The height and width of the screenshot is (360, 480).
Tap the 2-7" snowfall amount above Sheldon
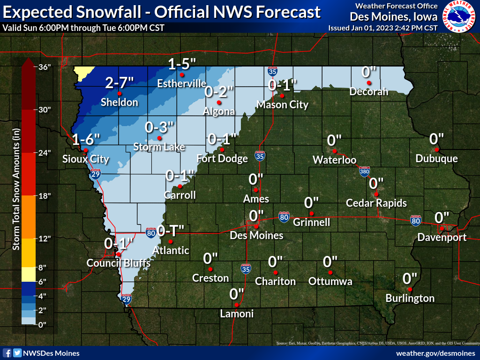pyautogui.click(x=120, y=82)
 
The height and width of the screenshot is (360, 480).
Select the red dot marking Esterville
pyautogui.click(x=182, y=75)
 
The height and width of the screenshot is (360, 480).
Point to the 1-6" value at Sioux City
pyautogui.click(x=86, y=139)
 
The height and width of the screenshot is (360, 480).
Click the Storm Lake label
pyautogui.click(x=159, y=147)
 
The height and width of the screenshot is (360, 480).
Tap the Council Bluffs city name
pyautogui.click(x=119, y=263)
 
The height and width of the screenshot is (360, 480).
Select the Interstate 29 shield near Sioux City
pyautogui.click(x=96, y=174)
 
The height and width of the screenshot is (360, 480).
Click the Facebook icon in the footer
pyautogui.click(x=7, y=353)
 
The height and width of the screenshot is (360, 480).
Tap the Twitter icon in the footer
pyautogui.click(x=17, y=353)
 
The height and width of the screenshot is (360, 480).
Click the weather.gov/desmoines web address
pyautogui.click(x=435, y=353)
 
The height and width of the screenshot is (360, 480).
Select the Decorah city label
pyautogui.click(x=369, y=92)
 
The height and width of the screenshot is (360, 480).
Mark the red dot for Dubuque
pyautogui.click(x=436, y=150)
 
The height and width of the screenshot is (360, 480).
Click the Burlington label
pyautogui.click(x=410, y=298)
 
